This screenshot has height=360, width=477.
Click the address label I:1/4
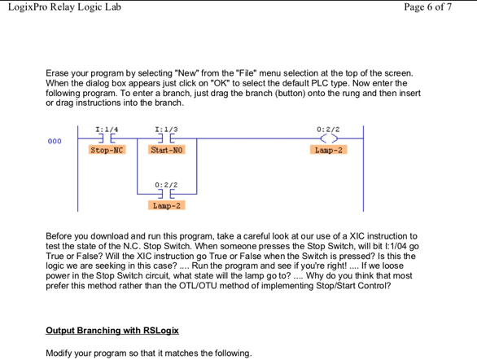pyautogui.click(x=107, y=129)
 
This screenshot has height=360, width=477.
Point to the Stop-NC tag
pyautogui.click(x=107, y=151)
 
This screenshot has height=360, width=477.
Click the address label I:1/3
pyautogui.click(x=166, y=129)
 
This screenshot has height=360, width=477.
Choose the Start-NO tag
pyautogui.click(x=167, y=151)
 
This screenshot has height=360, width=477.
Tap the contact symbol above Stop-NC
pyautogui.click(x=107, y=139)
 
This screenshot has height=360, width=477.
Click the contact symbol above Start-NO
pyautogui.click(x=167, y=139)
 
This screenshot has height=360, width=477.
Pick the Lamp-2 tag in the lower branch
pyautogui.click(x=167, y=205)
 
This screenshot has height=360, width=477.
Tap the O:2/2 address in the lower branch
pyautogui.click(x=166, y=185)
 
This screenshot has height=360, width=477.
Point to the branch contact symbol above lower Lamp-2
pyautogui.click(x=167, y=195)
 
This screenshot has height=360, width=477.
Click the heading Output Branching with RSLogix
pyautogui.click(x=112, y=331)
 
